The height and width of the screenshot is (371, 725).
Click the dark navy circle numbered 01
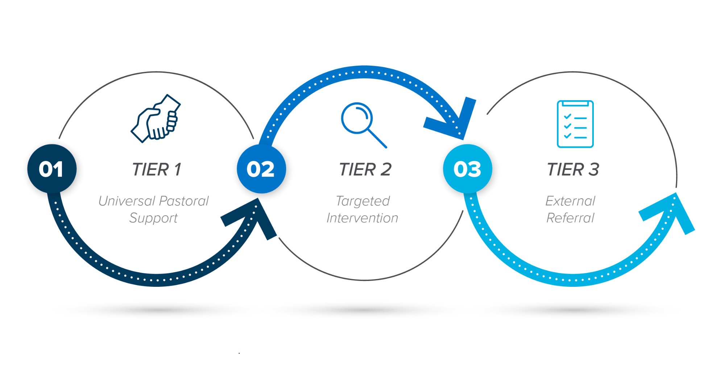click(x=52, y=169)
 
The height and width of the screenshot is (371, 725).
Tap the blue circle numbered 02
click(x=261, y=169)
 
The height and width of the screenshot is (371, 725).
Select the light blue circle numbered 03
click(x=467, y=169)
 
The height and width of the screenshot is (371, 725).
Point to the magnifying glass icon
click(x=362, y=123)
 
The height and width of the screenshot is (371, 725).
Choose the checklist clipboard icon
click(x=575, y=124)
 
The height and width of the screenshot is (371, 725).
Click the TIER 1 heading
click(x=157, y=170)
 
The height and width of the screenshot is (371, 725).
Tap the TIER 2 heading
click(x=365, y=170)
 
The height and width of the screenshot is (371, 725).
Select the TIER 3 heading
click(x=573, y=170)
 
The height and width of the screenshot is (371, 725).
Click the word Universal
click(x=127, y=201)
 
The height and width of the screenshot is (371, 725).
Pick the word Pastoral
click(x=184, y=201)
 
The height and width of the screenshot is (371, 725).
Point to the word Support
click(x=153, y=218)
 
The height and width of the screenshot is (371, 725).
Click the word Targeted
click(x=363, y=201)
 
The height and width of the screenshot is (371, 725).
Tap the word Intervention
click(x=362, y=218)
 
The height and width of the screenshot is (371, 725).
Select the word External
click(x=570, y=201)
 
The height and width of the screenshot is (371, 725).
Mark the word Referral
click(x=570, y=218)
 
